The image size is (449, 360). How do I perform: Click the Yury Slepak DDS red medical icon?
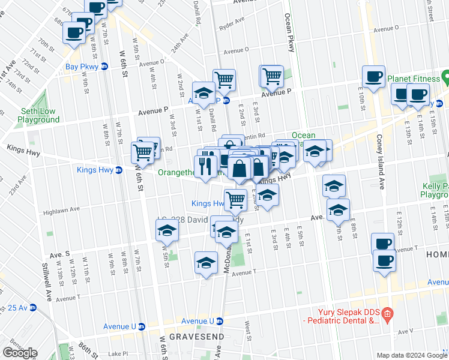click(387, 314)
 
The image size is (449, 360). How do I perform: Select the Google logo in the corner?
click(20, 352)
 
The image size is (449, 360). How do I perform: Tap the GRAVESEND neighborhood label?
click(191, 337)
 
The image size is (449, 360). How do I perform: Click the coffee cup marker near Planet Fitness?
click(373, 77)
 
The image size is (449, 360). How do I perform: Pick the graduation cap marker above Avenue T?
click(206, 263)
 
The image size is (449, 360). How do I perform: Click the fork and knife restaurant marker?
click(205, 165)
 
